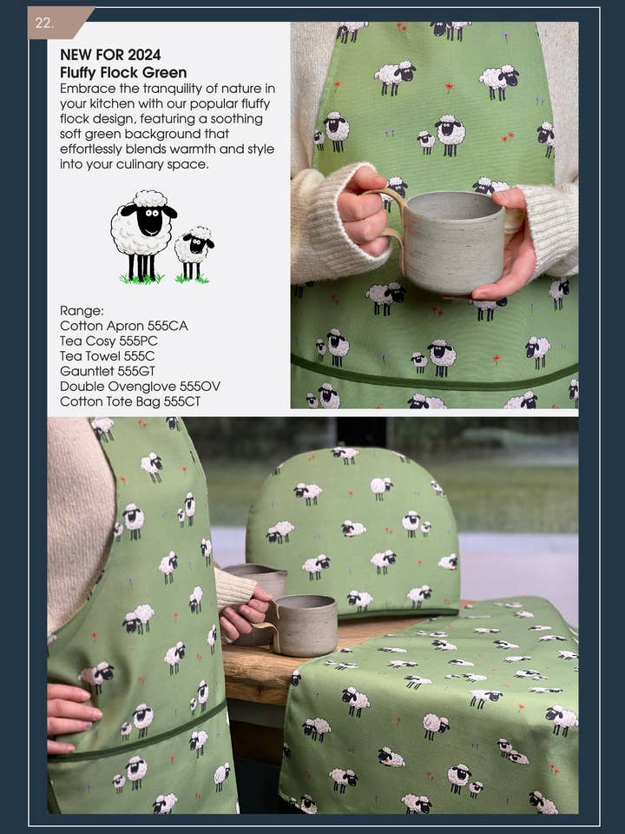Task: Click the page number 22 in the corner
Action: (x=44, y=23)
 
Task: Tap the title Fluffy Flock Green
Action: (x=123, y=73)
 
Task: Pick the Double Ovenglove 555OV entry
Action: (x=140, y=387)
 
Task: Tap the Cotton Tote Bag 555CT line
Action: (x=130, y=402)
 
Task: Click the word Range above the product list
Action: (x=82, y=310)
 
